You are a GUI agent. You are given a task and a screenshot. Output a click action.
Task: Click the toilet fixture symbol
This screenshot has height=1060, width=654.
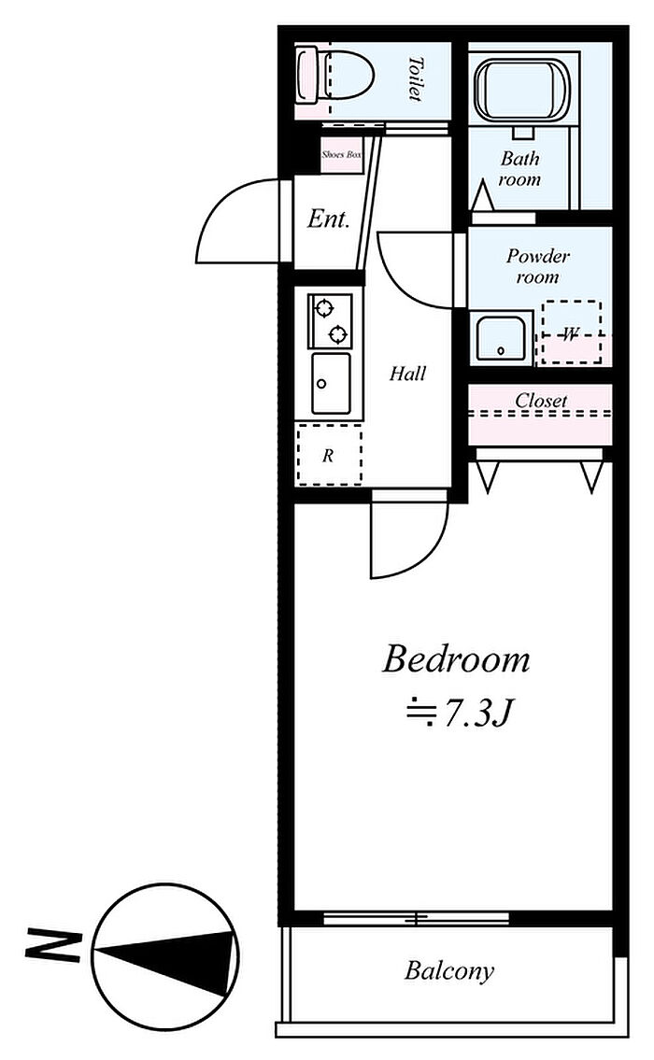[334, 75]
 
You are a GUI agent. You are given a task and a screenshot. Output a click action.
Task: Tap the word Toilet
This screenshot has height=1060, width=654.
[415, 78]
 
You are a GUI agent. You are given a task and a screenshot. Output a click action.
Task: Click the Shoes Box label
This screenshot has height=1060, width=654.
[342, 154]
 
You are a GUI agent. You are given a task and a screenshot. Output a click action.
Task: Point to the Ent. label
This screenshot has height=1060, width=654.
[328, 218]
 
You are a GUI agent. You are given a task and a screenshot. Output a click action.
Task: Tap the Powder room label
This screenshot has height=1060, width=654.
[537, 266]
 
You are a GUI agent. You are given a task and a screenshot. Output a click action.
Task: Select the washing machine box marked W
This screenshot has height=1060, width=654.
[572, 332]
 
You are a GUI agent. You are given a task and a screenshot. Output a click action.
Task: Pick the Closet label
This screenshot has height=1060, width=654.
[541, 401]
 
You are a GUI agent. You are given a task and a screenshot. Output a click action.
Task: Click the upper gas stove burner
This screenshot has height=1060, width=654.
[324, 308]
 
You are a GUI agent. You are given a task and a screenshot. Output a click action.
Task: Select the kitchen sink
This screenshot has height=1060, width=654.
[331, 384]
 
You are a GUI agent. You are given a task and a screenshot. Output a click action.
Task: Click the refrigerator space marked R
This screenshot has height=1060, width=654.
[329, 455]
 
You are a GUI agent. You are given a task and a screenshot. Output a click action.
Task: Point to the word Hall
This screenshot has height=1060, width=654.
[407, 374]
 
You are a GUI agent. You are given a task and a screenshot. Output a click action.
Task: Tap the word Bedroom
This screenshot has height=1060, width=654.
[456, 659]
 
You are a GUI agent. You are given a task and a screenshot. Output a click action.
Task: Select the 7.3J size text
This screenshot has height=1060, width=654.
[457, 714]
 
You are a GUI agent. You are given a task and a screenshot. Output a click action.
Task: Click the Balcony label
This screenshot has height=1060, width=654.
[449, 971]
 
